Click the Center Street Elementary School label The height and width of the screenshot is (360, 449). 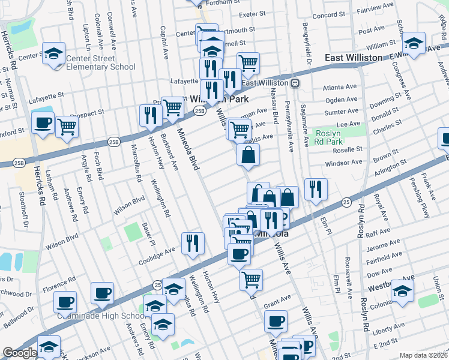[97, 62]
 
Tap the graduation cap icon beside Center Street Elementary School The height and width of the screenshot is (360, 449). [54, 53]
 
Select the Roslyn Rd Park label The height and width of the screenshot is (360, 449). [333, 136]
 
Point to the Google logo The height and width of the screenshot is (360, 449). [20, 353]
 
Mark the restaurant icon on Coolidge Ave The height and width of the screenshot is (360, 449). [193, 243]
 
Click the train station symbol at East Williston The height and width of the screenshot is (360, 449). [297, 83]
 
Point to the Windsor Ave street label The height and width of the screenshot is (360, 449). [348, 162]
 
